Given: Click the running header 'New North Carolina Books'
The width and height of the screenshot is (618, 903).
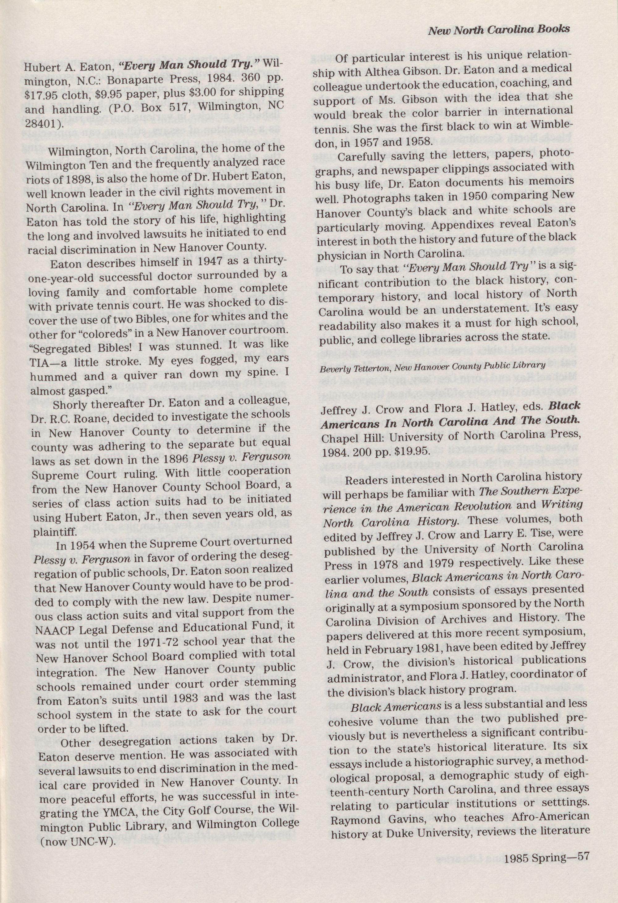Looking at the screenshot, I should [499, 30].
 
